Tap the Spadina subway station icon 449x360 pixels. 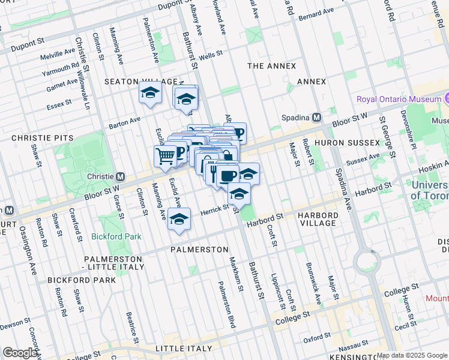tap(316, 117)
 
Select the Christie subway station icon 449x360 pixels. tap(121, 176)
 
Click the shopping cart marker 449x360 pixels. tap(166, 157)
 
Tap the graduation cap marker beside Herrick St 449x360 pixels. tap(178, 220)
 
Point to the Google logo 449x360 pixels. tap(20, 353)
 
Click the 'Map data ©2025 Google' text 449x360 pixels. tap(412, 355)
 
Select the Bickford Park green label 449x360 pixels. tap(116, 236)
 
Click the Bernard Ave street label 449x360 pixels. tap(316, 12)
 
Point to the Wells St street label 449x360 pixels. tap(211, 55)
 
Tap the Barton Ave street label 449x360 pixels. tap(124, 124)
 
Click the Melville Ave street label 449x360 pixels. tap(58, 55)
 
